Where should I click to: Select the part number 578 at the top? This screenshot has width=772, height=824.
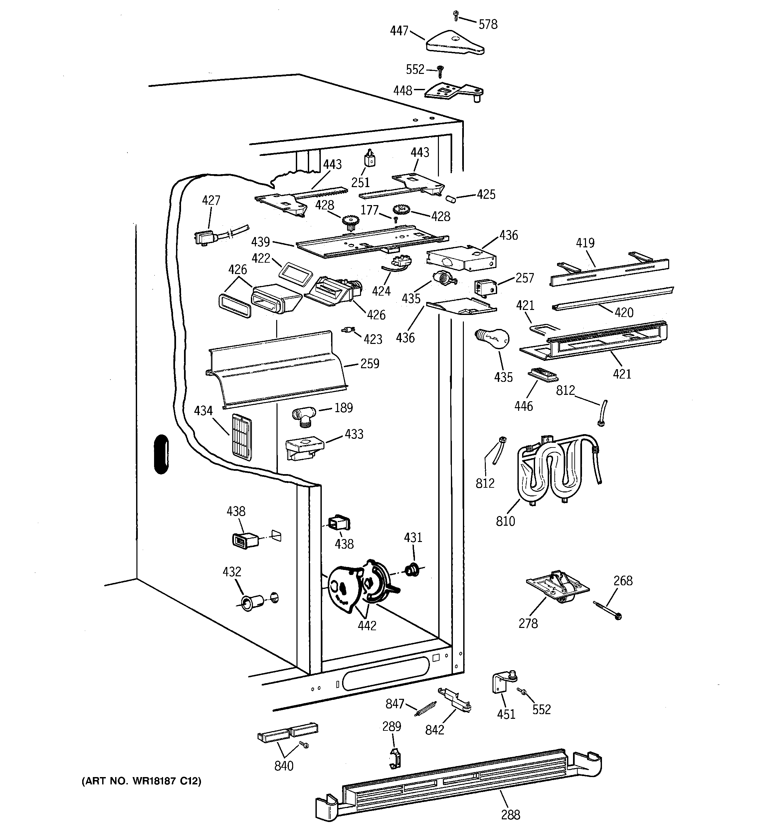tap(488, 24)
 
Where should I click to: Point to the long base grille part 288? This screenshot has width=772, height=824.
tap(458, 783)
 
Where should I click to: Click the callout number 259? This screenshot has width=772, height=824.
tap(370, 364)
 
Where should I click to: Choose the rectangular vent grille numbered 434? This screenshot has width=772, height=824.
tap(242, 437)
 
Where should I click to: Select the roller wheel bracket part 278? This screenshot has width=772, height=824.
tap(557, 589)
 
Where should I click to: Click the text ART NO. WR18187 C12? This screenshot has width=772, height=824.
tap(141, 781)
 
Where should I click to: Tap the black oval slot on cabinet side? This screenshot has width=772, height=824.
tap(161, 454)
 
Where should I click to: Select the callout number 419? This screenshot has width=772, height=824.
tap(585, 243)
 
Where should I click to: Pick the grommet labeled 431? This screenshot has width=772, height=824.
tap(412, 570)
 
